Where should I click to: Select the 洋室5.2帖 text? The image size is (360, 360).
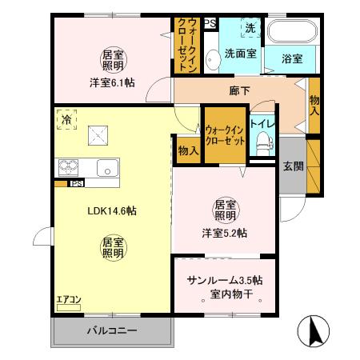click(224, 233)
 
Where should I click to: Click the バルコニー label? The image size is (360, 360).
click(111, 330)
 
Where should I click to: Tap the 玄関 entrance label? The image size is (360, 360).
click(293, 166)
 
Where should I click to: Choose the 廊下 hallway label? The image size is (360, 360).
click(239, 90)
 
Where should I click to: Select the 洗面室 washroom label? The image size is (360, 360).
click(239, 54)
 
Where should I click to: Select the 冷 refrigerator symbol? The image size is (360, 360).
click(64, 119)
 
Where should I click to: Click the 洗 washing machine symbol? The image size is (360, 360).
click(251, 29)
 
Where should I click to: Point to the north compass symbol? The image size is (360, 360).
click(314, 330)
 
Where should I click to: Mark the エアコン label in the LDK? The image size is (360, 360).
click(68, 301)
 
